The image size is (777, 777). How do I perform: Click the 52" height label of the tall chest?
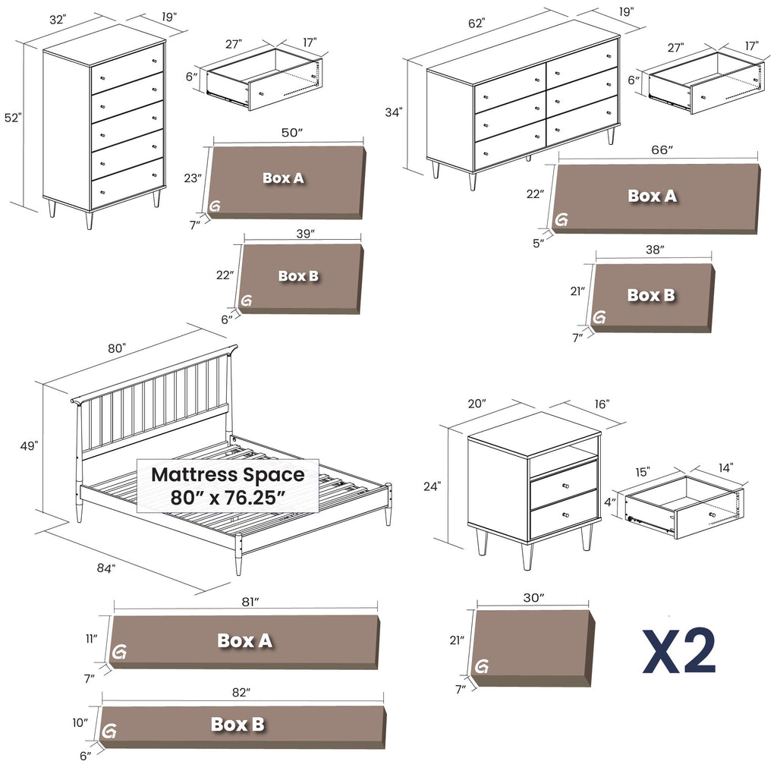[x=13, y=118]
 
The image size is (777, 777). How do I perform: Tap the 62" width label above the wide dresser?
[x=476, y=24]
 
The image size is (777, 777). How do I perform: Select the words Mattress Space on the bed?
[x=228, y=475]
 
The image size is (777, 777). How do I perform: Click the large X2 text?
[x=679, y=652]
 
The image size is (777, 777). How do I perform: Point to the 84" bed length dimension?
[x=105, y=568]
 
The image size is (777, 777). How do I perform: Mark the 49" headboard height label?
[x=29, y=446]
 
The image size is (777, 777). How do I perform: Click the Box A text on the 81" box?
[x=244, y=640]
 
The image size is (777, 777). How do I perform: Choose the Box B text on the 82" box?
[x=238, y=725]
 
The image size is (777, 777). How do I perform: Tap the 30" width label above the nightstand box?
[x=533, y=598]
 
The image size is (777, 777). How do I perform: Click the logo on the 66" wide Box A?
[x=562, y=220]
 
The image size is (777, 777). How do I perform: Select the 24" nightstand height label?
[x=433, y=486]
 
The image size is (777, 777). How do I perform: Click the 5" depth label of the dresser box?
[x=539, y=244]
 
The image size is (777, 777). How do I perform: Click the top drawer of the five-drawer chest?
[x=127, y=69]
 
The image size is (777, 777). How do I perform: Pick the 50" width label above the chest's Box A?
[x=291, y=133]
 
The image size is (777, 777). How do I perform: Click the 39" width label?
[x=304, y=234]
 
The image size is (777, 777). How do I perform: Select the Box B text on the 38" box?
[x=650, y=295]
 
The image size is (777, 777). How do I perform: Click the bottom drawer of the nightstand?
[x=563, y=513]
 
